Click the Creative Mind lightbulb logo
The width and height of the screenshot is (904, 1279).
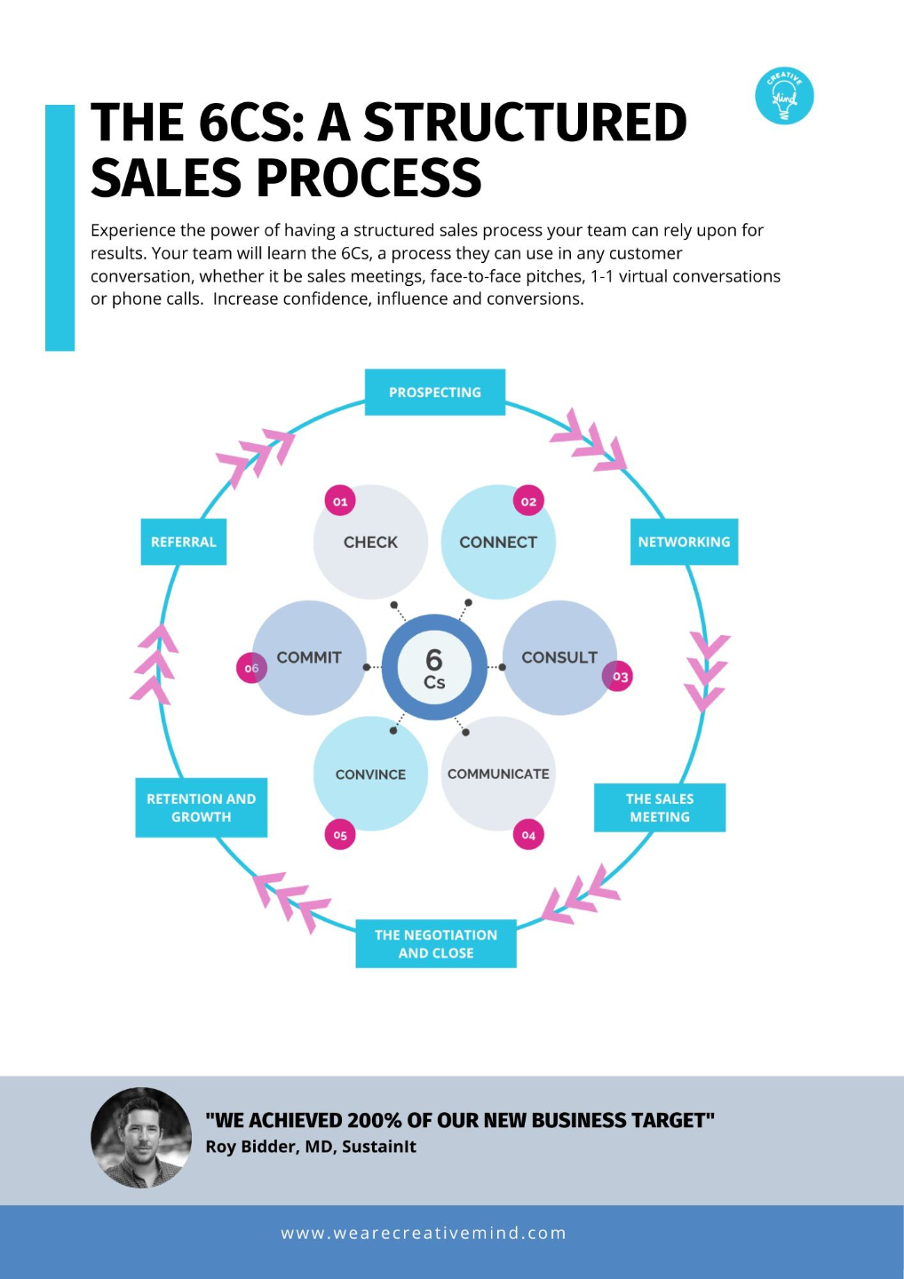[784, 95]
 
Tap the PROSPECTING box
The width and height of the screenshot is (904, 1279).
[435, 393]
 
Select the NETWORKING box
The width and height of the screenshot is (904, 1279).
[684, 542]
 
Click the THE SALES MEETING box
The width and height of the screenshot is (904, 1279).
[660, 807]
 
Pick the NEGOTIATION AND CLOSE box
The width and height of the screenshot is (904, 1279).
[436, 944]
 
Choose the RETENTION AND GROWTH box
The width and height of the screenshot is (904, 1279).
[201, 807]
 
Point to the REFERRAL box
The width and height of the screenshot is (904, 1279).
[184, 542]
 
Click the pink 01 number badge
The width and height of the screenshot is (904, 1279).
[340, 501]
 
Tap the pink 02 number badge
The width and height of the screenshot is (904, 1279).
[528, 501]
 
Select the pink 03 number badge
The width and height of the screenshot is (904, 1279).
[617, 676]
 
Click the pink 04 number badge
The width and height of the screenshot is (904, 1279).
[528, 835]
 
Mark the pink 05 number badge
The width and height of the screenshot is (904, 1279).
[340, 835]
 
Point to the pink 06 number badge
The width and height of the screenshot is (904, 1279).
[251, 668]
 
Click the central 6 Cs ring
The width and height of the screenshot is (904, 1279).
[434, 667]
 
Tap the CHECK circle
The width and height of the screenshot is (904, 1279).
[370, 542]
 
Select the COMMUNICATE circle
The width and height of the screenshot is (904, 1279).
[498, 774]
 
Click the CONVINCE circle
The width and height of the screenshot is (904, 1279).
[370, 774]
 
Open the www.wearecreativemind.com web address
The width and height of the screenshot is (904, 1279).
[424, 1233]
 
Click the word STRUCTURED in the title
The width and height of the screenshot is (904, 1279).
[526, 123]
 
